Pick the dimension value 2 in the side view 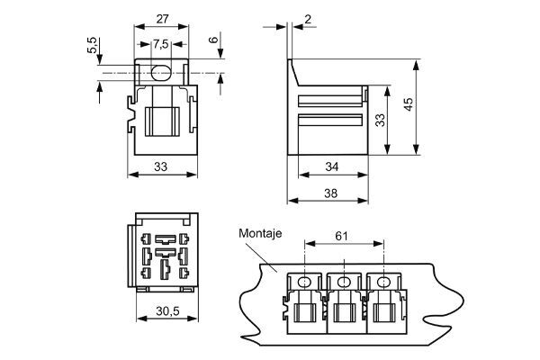(x=308, y=20)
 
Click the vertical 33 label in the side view (x=380, y=121)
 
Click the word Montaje (x=260, y=232)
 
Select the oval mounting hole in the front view (x=162, y=72)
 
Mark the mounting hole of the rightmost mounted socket (x=384, y=282)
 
